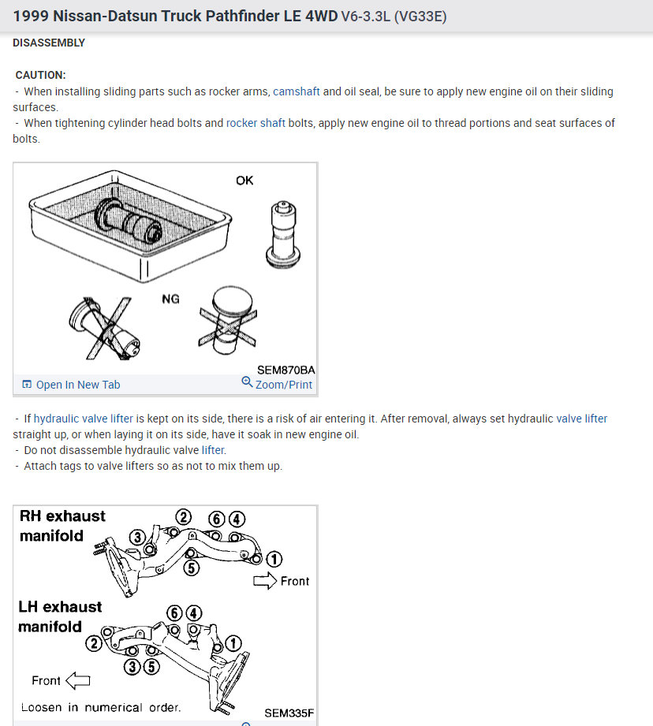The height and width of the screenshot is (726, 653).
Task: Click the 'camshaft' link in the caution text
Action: [296, 91]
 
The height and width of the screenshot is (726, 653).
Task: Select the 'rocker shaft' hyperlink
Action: [256, 123]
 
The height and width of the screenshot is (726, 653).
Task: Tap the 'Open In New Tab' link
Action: [78, 385]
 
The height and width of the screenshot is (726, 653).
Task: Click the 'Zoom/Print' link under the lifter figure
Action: [283, 385]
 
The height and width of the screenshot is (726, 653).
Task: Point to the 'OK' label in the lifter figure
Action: [244, 181]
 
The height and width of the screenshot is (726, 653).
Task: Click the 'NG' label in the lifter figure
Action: [170, 299]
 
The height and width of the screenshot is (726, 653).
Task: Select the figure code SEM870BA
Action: [285, 370]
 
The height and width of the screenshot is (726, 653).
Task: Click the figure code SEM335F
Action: [289, 713]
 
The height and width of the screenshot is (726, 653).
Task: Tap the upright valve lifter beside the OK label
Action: [283, 234]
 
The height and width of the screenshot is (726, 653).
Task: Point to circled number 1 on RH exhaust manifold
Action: [274, 559]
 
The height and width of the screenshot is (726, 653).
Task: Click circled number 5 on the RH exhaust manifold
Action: [192, 568]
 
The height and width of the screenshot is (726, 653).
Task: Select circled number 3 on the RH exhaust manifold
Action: [137, 538]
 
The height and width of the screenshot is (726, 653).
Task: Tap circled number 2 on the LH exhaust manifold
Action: [94, 643]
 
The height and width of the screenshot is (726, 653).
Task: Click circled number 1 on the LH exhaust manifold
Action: [233, 642]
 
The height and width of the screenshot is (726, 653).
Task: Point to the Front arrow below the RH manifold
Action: [265, 581]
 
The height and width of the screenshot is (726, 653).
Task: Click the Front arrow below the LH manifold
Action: [78, 680]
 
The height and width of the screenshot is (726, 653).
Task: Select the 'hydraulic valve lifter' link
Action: [84, 419]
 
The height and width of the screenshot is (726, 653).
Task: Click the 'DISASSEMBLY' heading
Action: [49, 43]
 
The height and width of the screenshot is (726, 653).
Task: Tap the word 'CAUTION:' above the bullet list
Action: [41, 75]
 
